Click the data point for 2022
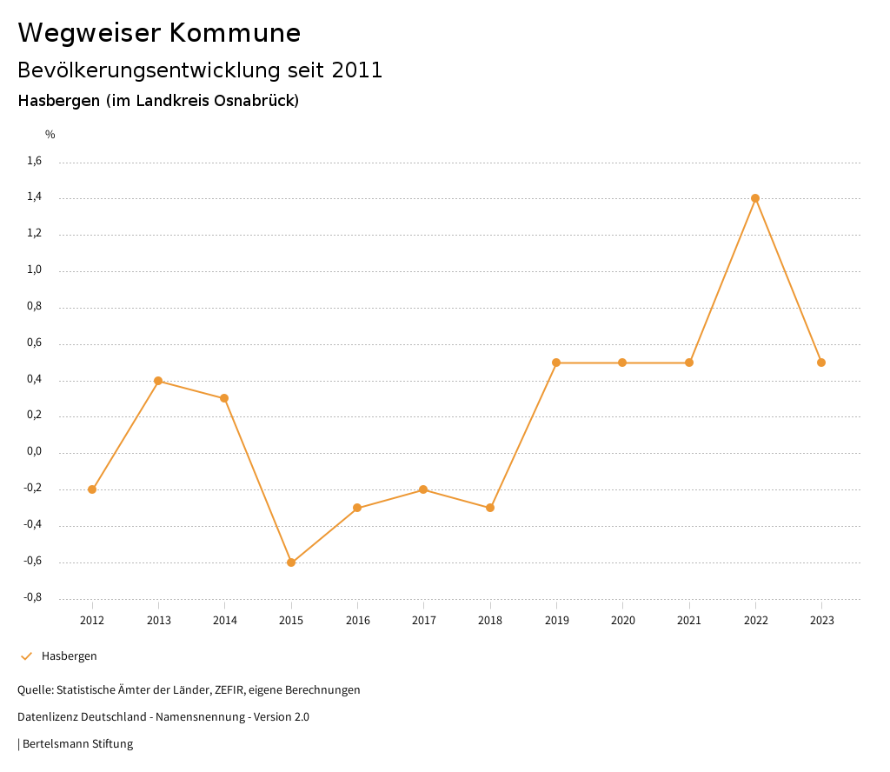click(755, 198)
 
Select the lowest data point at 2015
click(291, 562)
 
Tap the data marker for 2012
click(92, 489)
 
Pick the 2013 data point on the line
click(158, 381)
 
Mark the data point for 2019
click(556, 363)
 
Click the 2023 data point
click(821, 363)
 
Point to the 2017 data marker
click(423, 489)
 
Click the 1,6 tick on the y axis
click(35, 161)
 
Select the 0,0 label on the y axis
click(35, 452)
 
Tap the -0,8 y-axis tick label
click(33, 598)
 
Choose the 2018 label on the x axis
click(490, 620)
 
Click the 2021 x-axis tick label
click(689, 620)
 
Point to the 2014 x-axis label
click(225, 620)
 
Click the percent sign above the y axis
click(50, 135)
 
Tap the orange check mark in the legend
click(26, 656)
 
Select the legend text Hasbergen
click(70, 656)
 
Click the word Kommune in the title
click(235, 33)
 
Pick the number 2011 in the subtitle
click(357, 70)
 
